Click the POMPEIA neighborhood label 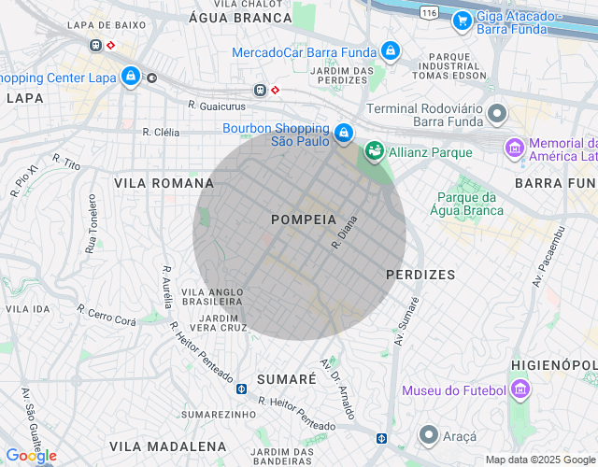tap(303, 219)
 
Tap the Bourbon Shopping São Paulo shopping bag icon tap(344, 134)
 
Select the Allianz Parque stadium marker tap(374, 150)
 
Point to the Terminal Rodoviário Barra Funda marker tap(497, 116)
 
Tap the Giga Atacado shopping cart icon tap(461, 20)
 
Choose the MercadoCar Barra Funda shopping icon tap(391, 52)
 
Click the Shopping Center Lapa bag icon tap(131, 78)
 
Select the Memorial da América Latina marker tap(514, 148)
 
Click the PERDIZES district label tap(420, 275)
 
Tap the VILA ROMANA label tap(164, 183)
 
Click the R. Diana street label tap(345, 234)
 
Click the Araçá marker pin tap(429, 435)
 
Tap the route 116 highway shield tap(429, 13)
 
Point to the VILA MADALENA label tap(167, 446)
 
